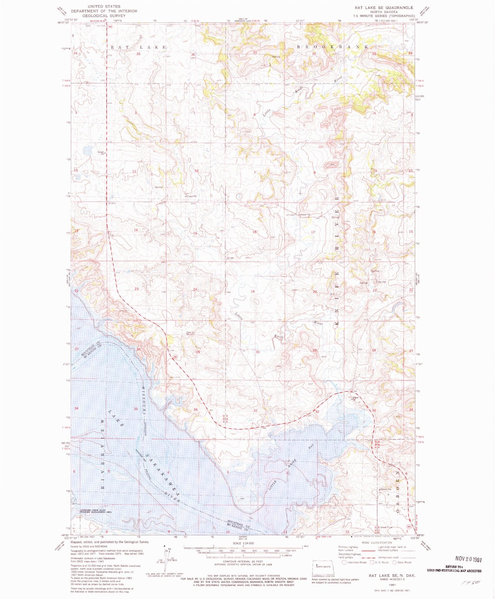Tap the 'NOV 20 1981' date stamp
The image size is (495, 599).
pos(468,559)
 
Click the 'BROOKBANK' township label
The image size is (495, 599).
pos(333,47)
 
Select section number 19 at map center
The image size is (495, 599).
pos(252,291)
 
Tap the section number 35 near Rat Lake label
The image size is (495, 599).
pos(138,54)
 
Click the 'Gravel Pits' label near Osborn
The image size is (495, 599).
pos(385,490)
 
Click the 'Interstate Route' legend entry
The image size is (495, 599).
pos(356,562)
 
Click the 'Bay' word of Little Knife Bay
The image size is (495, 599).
pos(311,447)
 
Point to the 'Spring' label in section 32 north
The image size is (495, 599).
pos(276,57)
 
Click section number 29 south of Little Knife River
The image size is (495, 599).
pos(314,350)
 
